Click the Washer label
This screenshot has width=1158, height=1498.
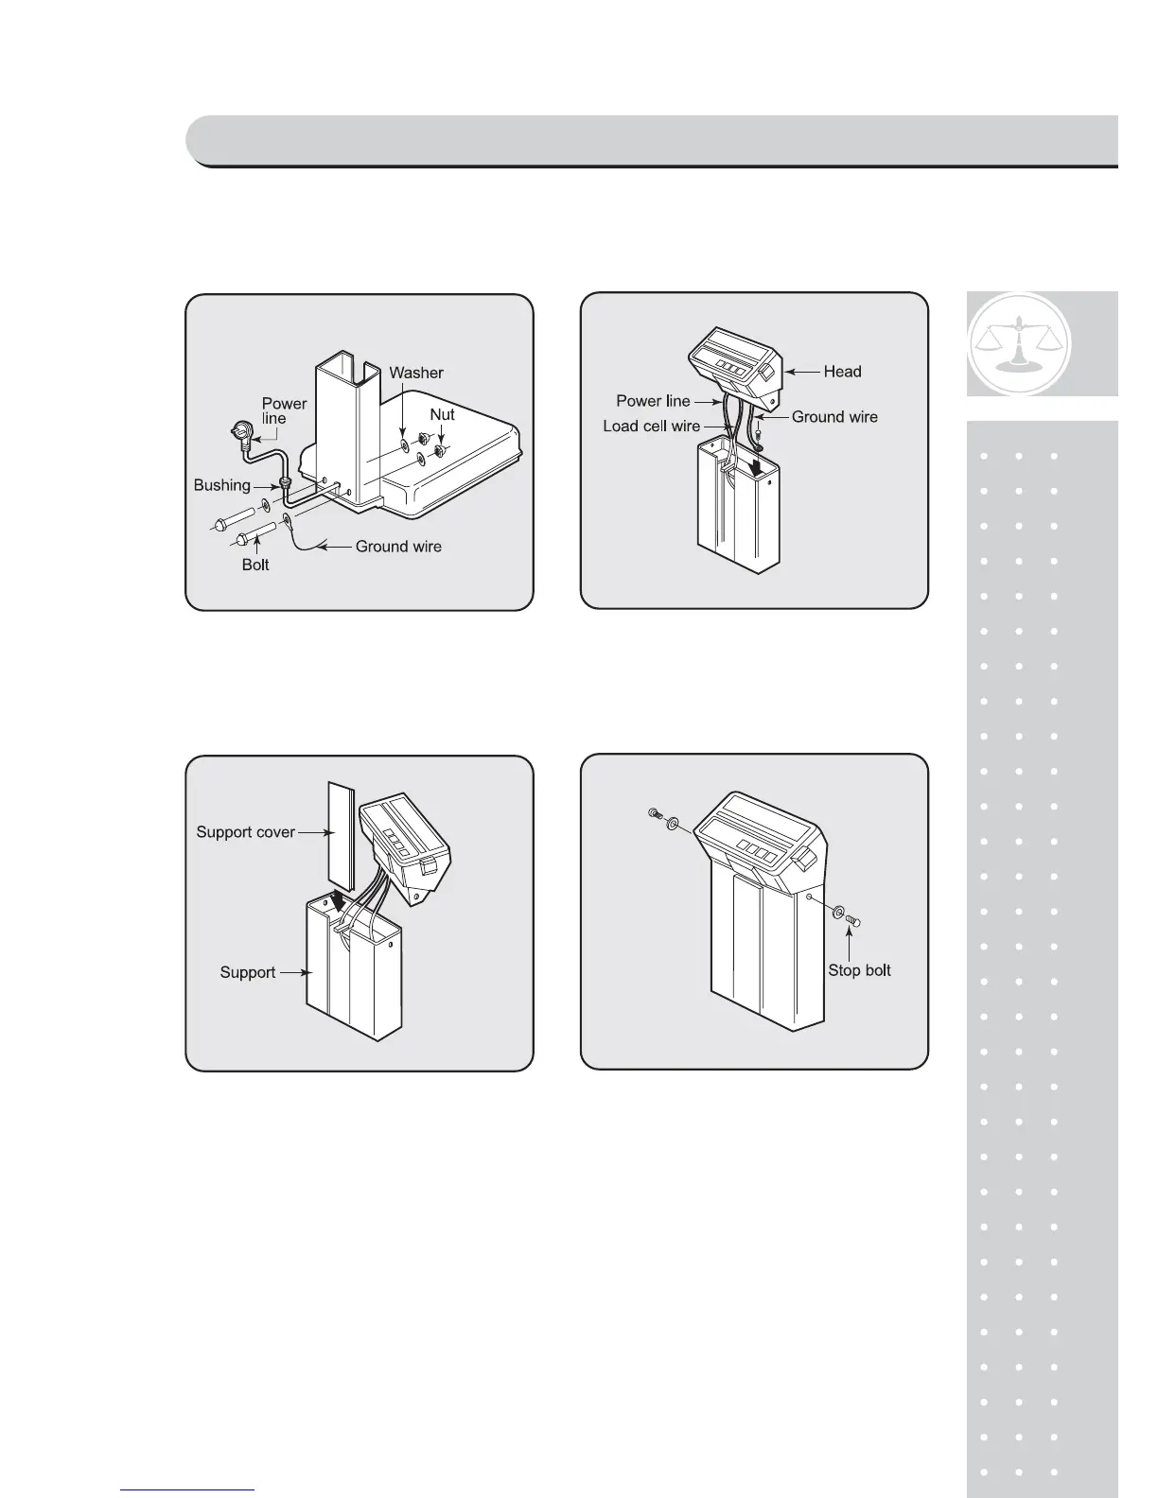(x=415, y=373)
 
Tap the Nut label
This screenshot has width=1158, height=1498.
(x=442, y=414)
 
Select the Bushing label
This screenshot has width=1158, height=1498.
(x=221, y=485)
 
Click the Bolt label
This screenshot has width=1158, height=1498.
(x=255, y=565)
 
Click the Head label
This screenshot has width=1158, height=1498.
(x=842, y=372)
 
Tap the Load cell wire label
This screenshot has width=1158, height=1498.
(x=651, y=427)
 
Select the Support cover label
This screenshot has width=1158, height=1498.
(x=245, y=832)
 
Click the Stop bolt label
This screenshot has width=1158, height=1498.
(x=859, y=970)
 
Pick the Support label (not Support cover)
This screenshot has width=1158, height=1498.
(x=248, y=972)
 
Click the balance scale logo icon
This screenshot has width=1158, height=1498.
(x=1020, y=343)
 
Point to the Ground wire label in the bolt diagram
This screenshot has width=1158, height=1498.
(x=398, y=547)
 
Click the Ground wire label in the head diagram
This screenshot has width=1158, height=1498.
(x=834, y=417)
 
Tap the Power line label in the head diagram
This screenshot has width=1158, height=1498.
(x=653, y=401)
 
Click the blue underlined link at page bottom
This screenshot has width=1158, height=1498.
(x=188, y=1490)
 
